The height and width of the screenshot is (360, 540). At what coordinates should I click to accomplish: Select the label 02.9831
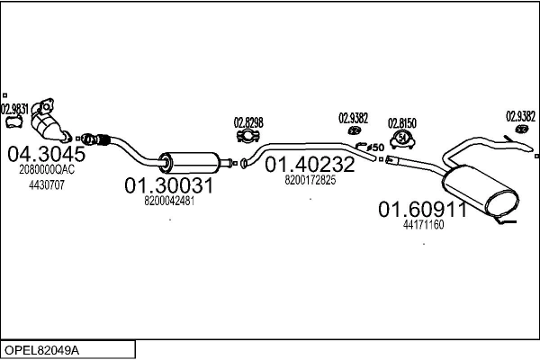pos(15,110)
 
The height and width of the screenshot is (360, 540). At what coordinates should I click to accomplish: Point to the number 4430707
pos(46,184)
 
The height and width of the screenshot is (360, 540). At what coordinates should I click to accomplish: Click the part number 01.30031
pos(168,185)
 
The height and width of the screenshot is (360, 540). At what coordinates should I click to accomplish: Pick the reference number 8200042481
pos(169,201)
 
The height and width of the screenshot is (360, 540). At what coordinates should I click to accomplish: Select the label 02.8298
pos(248,122)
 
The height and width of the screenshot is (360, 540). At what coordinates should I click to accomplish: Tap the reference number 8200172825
pos(310,180)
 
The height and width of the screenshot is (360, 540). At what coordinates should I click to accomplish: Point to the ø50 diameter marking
pos(375,147)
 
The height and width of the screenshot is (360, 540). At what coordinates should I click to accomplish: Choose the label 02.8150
pos(401,122)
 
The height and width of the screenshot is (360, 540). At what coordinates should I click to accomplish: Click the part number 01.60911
pos(422,210)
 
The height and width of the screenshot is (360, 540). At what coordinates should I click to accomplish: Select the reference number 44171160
pos(423,225)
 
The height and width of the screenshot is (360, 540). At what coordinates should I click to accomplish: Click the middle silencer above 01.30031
pos(190,162)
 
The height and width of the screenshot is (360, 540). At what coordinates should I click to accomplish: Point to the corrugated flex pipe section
pos(94,139)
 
